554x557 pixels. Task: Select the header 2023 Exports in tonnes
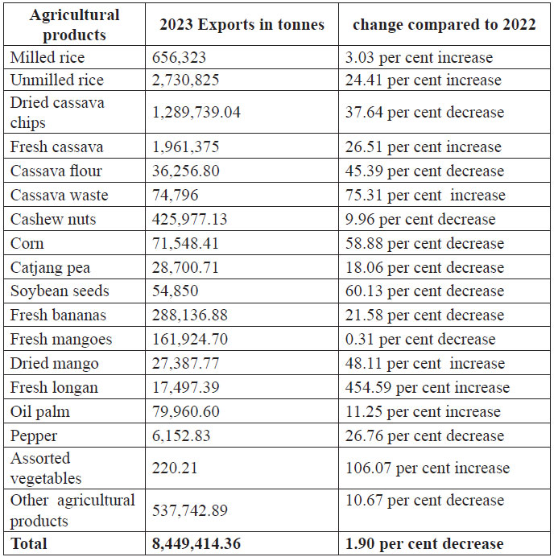pos(242,24)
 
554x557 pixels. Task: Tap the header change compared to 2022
pos(444,24)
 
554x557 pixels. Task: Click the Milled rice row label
pos(47,57)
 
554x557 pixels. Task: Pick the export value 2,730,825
pos(185,80)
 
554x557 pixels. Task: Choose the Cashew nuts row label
pos(52,219)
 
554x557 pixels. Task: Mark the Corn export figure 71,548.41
pos(185,243)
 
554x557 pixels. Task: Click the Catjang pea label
pos(50,267)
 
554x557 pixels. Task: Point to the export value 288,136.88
pos(190,316)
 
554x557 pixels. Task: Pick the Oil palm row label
pos(39,412)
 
